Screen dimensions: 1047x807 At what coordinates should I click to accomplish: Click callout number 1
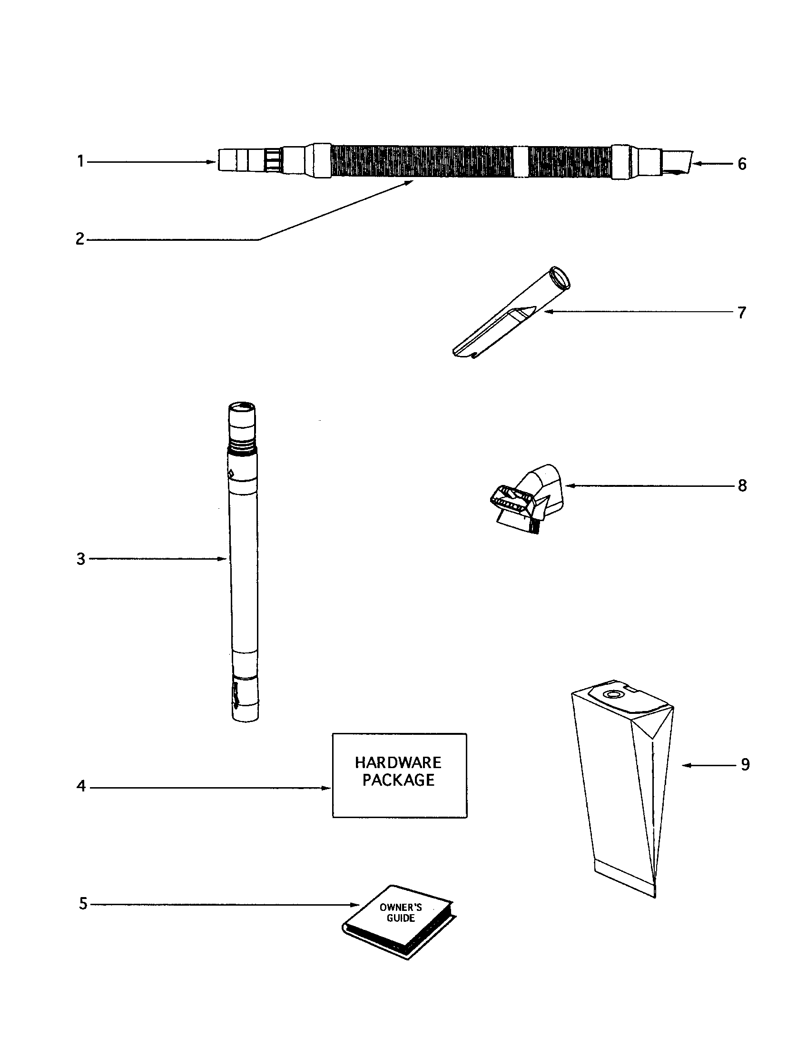(x=80, y=161)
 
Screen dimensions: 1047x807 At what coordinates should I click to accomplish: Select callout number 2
(x=79, y=239)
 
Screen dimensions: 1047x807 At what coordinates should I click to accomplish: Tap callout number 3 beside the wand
(x=80, y=559)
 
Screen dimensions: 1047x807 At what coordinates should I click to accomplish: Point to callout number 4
(x=80, y=787)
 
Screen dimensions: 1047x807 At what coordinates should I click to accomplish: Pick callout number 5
(x=82, y=904)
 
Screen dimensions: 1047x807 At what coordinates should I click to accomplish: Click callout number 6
(x=742, y=164)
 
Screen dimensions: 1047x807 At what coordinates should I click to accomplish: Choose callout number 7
(x=742, y=313)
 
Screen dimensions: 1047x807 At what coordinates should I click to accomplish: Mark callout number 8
(x=742, y=485)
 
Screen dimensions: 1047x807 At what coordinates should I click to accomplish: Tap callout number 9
(x=745, y=765)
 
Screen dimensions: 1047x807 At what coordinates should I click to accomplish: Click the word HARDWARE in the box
(x=398, y=763)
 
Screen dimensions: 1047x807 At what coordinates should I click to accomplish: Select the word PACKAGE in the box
(x=398, y=781)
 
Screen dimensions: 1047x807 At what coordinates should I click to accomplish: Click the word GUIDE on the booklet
(x=401, y=919)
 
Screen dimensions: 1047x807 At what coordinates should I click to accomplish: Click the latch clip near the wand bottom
(x=235, y=696)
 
